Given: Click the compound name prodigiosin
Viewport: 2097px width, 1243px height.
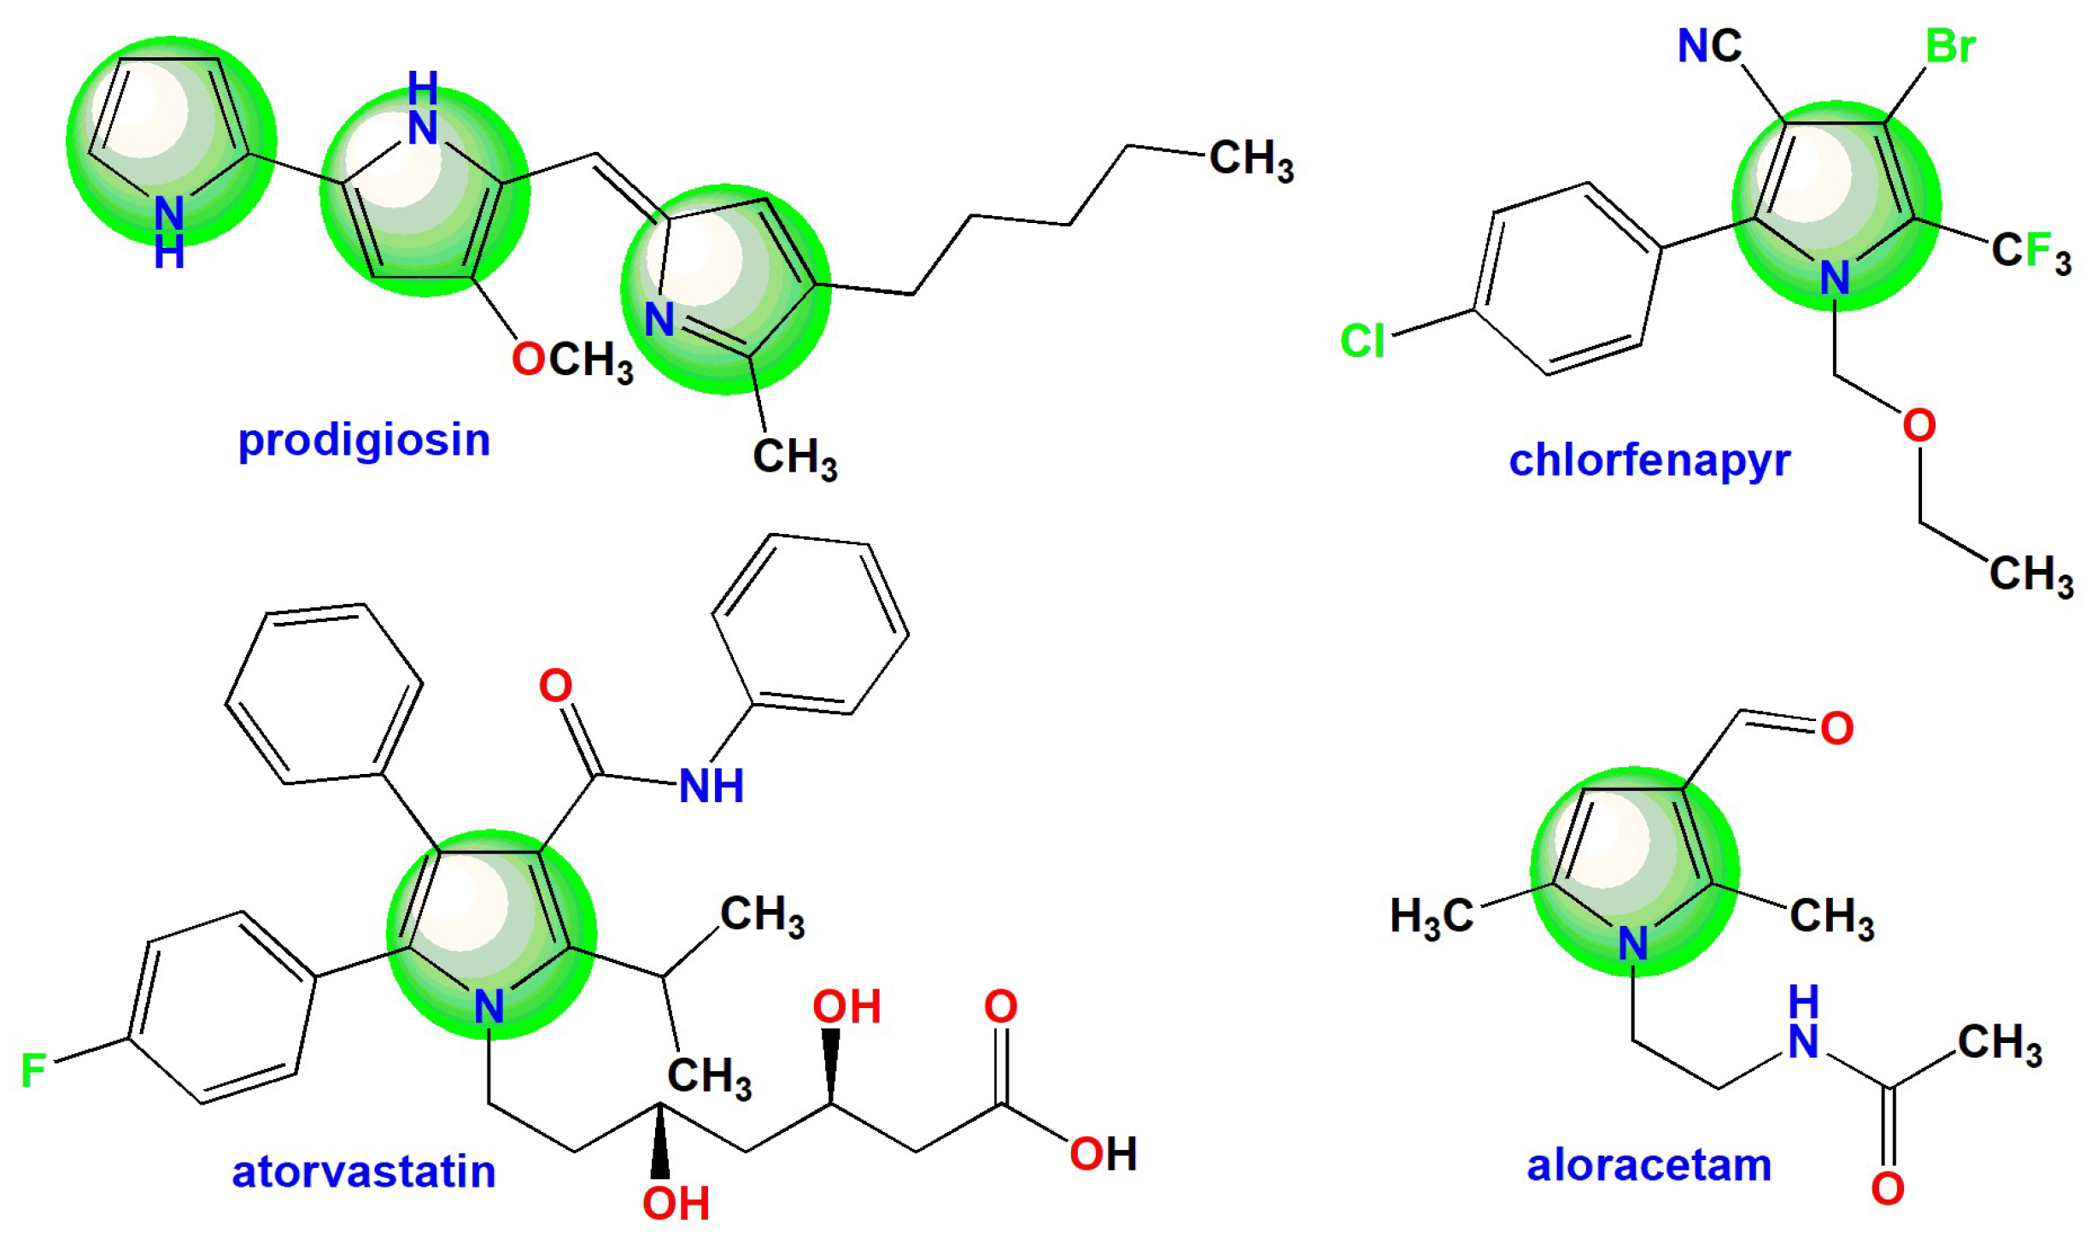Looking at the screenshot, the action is point(364,441).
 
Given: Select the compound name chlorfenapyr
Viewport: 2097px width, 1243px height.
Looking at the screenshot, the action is point(1649,461).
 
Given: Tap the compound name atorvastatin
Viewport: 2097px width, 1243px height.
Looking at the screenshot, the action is point(364,1171).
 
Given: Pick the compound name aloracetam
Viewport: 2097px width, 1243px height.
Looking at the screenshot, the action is point(1649,1165).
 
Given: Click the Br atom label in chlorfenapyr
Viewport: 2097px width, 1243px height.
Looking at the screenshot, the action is point(1950,46).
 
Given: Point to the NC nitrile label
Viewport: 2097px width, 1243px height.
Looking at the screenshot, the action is point(1709,46).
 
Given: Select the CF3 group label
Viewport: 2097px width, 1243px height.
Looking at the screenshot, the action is point(2031,253).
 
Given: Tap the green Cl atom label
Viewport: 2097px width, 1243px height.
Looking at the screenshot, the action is point(1362,342).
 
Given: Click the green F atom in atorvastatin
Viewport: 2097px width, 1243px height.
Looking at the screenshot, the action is point(33,1071).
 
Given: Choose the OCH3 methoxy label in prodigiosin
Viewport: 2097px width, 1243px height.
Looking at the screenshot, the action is point(572,361).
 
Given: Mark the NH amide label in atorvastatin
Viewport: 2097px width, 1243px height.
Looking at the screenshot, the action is point(711,786).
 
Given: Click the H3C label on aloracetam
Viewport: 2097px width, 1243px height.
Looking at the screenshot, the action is point(1432,917).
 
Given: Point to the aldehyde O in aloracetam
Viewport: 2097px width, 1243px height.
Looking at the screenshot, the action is point(1836,729).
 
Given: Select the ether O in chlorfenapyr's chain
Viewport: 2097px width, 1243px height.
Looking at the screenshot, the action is point(1918,425).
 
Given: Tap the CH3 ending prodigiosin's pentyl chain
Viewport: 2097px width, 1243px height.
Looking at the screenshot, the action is point(1251,160).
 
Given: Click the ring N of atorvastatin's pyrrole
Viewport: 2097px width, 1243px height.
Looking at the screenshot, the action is point(489,1006).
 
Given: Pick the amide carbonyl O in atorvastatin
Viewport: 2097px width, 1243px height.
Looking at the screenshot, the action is point(555,685).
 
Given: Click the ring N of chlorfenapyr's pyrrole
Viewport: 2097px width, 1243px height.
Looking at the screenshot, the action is point(1835,278).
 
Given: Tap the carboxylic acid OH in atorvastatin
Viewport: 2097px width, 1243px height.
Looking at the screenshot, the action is point(1103,1154).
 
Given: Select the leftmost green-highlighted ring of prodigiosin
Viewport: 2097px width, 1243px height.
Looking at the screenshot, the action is point(171,141).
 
